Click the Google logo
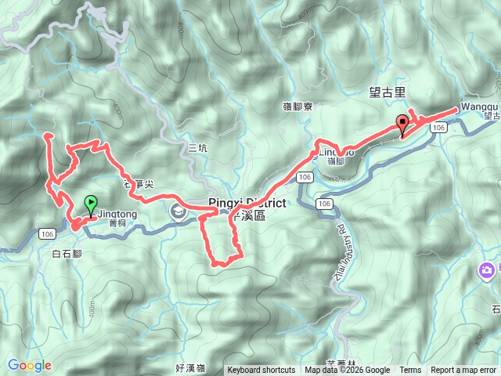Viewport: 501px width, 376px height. click(29, 365)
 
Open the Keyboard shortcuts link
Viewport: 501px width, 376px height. click(261, 371)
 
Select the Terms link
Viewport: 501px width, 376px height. click(410, 371)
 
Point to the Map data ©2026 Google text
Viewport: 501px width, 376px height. click(348, 371)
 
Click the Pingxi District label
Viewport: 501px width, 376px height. click(247, 204)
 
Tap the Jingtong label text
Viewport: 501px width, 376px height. click(119, 212)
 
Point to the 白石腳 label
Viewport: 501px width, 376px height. click(67, 254)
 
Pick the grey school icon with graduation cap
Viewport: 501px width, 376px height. click(179, 210)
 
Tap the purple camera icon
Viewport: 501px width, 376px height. click(487, 271)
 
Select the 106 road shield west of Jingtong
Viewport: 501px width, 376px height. click(48, 233)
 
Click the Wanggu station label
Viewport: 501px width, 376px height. click(479, 106)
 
